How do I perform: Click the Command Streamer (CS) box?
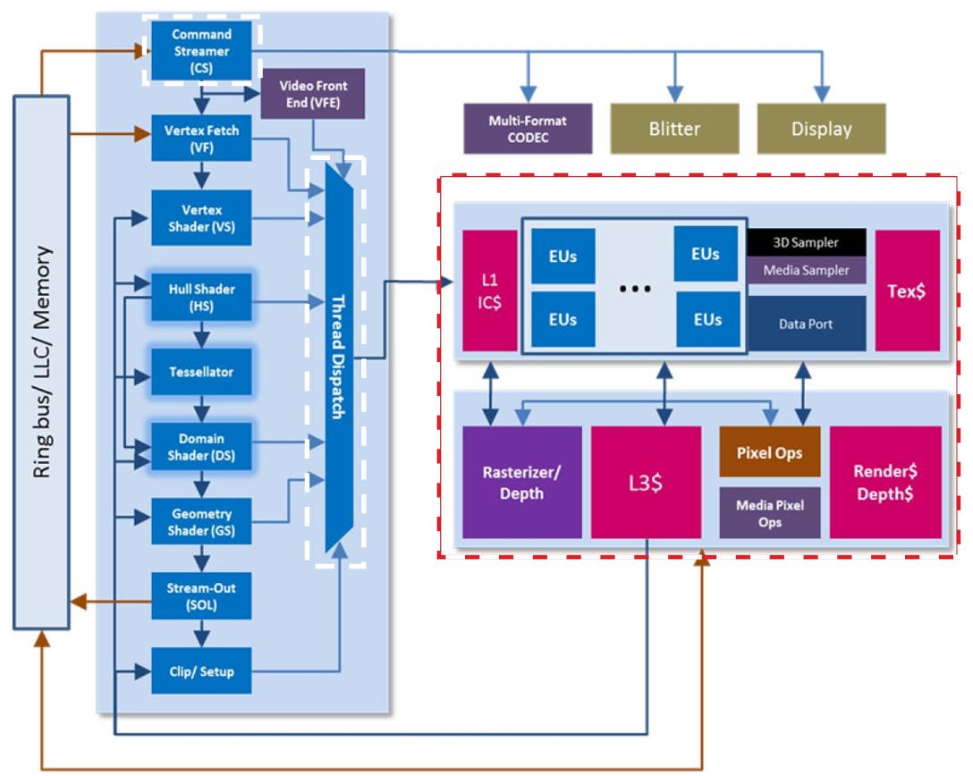[201, 51]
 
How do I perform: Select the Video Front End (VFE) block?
[313, 95]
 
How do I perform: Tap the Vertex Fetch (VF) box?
[201, 138]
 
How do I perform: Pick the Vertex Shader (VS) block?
[201, 217]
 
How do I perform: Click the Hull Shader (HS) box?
[201, 297]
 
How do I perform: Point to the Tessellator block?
[201, 371]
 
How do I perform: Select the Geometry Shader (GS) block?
[201, 522]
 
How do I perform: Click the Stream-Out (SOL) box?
[201, 597]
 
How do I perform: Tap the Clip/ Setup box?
[201, 671]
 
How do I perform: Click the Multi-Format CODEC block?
[528, 129]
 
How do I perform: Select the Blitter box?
[674, 129]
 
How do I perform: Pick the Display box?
[821, 129]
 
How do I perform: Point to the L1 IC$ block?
[490, 290]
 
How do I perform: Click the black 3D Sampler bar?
[807, 242]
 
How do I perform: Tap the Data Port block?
[807, 324]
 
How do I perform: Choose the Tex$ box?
[907, 290]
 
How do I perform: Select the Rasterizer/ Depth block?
[521, 482]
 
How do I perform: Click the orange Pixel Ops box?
[769, 452]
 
